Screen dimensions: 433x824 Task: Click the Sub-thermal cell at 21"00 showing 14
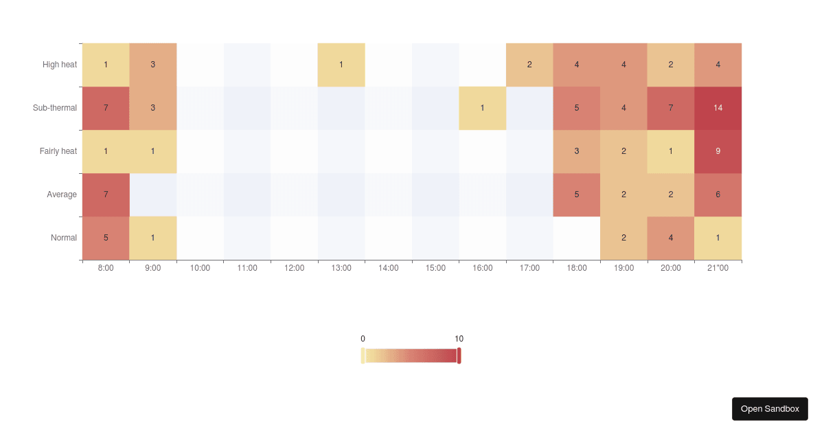(718, 108)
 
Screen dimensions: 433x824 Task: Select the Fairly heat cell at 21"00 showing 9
(718, 151)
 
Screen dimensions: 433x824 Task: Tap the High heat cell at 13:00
(341, 65)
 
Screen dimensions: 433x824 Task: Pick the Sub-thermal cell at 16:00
(483, 108)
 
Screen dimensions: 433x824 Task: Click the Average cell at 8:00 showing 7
(106, 195)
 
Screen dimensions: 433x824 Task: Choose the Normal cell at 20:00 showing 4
(671, 238)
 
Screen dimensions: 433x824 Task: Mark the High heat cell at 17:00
(529, 65)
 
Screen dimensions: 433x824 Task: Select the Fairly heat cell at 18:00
(577, 151)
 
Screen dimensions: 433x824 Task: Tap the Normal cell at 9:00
(153, 238)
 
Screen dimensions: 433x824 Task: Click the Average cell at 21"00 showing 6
(718, 195)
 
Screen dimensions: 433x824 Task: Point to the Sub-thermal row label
(55, 108)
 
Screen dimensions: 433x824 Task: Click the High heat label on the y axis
(60, 65)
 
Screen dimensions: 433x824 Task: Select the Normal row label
(64, 238)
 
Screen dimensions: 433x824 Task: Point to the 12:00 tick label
(294, 268)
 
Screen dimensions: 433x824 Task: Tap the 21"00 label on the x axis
(718, 268)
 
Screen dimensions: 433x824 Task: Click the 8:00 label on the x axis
(106, 268)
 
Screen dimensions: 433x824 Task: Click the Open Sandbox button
(770, 409)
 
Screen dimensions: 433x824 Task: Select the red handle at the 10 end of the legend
(459, 355)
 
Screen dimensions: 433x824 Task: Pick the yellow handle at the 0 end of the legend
(363, 355)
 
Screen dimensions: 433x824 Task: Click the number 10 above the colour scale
(459, 339)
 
